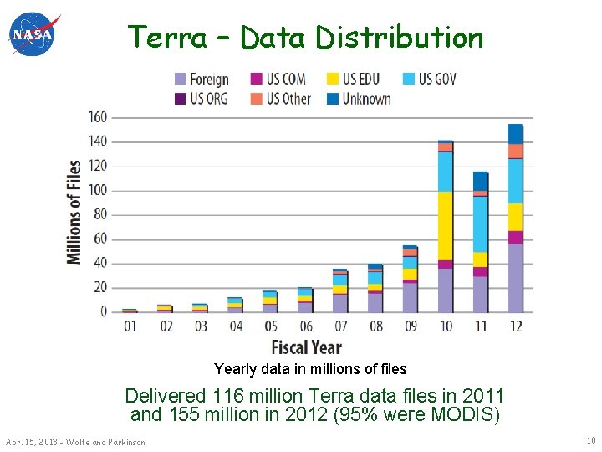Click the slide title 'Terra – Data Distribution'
tap(305, 38)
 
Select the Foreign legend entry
tap(202, 80)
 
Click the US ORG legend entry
tap(202, 99)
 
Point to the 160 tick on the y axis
tap(98, 117)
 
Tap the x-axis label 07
tap(340, 326)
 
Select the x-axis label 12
tap(515, 326)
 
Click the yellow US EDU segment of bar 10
tap(445, 226)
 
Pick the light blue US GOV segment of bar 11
tap(480, 223)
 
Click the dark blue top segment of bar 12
tap(515, 134)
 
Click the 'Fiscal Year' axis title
tap(306, 347)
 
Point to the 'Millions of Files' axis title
tap(75, 213)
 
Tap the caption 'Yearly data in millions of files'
tap(310, 369)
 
